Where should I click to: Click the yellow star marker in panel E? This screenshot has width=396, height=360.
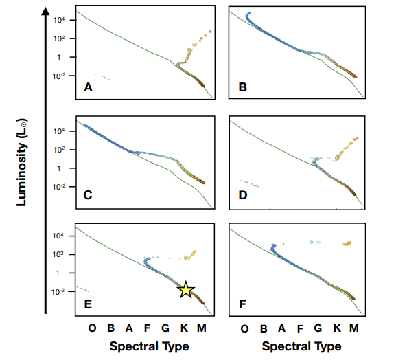click(186, 290)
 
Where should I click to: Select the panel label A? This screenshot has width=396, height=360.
click(87, 87)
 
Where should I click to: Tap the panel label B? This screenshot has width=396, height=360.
click(242, 87)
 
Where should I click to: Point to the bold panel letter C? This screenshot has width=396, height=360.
click(88, 195)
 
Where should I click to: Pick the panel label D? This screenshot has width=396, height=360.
click(242, 195)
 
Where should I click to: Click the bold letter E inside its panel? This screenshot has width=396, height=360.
click(87, 302)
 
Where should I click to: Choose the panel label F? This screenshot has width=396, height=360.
click(242, 302)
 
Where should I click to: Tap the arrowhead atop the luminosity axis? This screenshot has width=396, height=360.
click(45, 10)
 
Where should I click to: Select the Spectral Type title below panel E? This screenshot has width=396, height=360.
click(149, 346)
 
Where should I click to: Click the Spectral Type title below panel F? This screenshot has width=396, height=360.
click(302, 346)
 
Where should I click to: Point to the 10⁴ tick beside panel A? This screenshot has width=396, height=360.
click(59, 21)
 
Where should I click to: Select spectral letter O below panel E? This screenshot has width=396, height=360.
click(92, 329)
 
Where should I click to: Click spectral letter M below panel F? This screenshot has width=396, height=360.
click(354, 329)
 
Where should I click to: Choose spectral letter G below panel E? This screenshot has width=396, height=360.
click(165, 329)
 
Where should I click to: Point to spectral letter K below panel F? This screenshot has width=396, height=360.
click(336, 329)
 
